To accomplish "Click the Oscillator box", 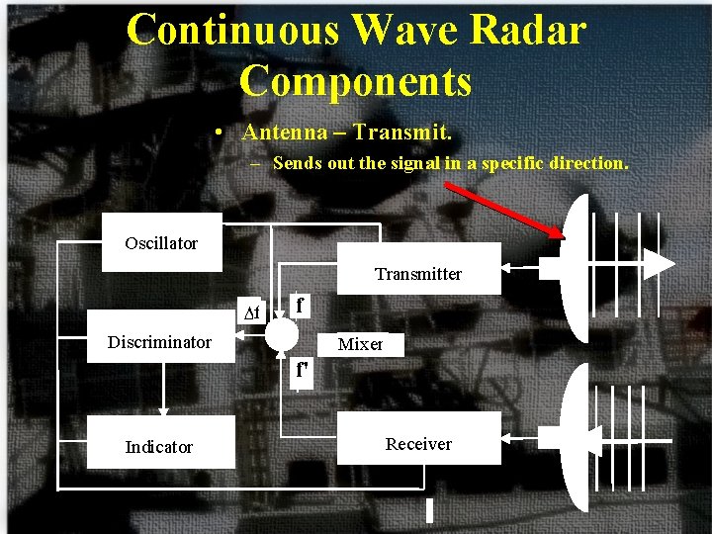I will coord(161,243).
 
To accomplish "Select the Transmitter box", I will coord(418,268).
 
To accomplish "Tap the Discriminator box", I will coord(159,342).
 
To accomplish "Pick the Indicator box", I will coord(159,447).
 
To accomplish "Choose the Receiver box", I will coord(418,444).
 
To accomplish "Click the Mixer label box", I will coord(360,344).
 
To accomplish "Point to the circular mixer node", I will coord(282,335).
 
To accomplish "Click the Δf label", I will coord(252,313).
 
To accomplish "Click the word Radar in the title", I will coord(527,31).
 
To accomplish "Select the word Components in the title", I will coord(356,81).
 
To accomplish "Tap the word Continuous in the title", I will coord(234,31).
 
